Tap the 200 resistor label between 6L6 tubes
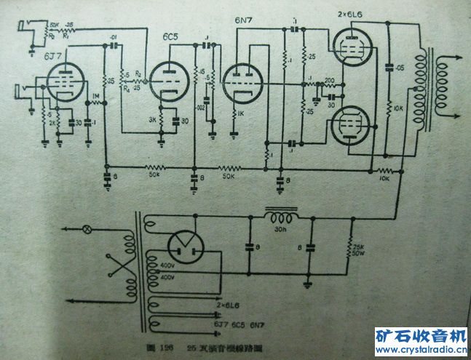[x=329, y=81]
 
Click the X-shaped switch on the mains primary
[x=111, y=268]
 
